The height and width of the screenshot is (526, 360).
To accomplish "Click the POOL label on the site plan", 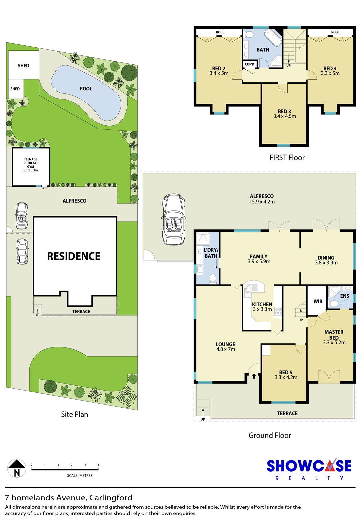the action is (x=86, y=89).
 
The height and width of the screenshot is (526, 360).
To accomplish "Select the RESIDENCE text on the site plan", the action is (x=74, y=256).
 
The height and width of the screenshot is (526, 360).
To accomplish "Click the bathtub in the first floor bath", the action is (x=273, y=38).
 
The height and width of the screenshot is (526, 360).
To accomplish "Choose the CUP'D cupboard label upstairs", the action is (x=249, y=64).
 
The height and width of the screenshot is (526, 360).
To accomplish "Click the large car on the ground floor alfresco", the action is (x=174, y=219).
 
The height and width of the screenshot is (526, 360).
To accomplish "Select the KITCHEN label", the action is (x=262, y=305).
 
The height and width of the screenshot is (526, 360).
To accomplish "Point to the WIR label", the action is (x=318, y=302).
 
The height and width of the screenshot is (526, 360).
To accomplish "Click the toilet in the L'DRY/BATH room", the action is (x=213, y=279).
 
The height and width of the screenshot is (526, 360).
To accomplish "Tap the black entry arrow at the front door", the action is (x=254, y=376).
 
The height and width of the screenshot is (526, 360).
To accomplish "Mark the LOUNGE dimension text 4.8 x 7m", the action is (x=226, y=349).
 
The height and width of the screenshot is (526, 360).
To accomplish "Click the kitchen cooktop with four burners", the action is (x=278, y=312).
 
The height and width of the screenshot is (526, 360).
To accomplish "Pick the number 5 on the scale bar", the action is (x=98, y=465).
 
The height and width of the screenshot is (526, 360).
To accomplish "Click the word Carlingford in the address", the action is (x=111, y=498).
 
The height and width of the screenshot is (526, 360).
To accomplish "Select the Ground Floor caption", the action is (x=270, y=436).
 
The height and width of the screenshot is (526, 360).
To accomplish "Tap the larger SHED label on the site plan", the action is (x=23, y=66).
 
